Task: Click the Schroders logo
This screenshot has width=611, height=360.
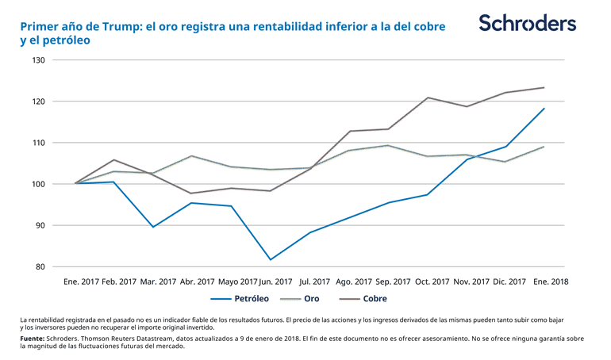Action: tap(527, 23)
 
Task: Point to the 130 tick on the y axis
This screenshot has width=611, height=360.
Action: tap(38, 60)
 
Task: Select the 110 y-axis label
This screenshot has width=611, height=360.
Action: tap(38, 143)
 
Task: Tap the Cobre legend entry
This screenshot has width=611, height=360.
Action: tap(375, 299)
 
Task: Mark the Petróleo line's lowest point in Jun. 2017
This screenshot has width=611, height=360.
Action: tap(271, 259)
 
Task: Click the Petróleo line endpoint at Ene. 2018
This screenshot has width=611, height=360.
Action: tap(544, 109)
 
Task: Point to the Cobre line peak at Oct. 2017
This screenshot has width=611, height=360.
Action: tap(428, 98)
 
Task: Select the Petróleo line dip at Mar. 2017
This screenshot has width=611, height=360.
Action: tap(153, 227)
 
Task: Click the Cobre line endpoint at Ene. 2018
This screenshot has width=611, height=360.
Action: tap(544, 87)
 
